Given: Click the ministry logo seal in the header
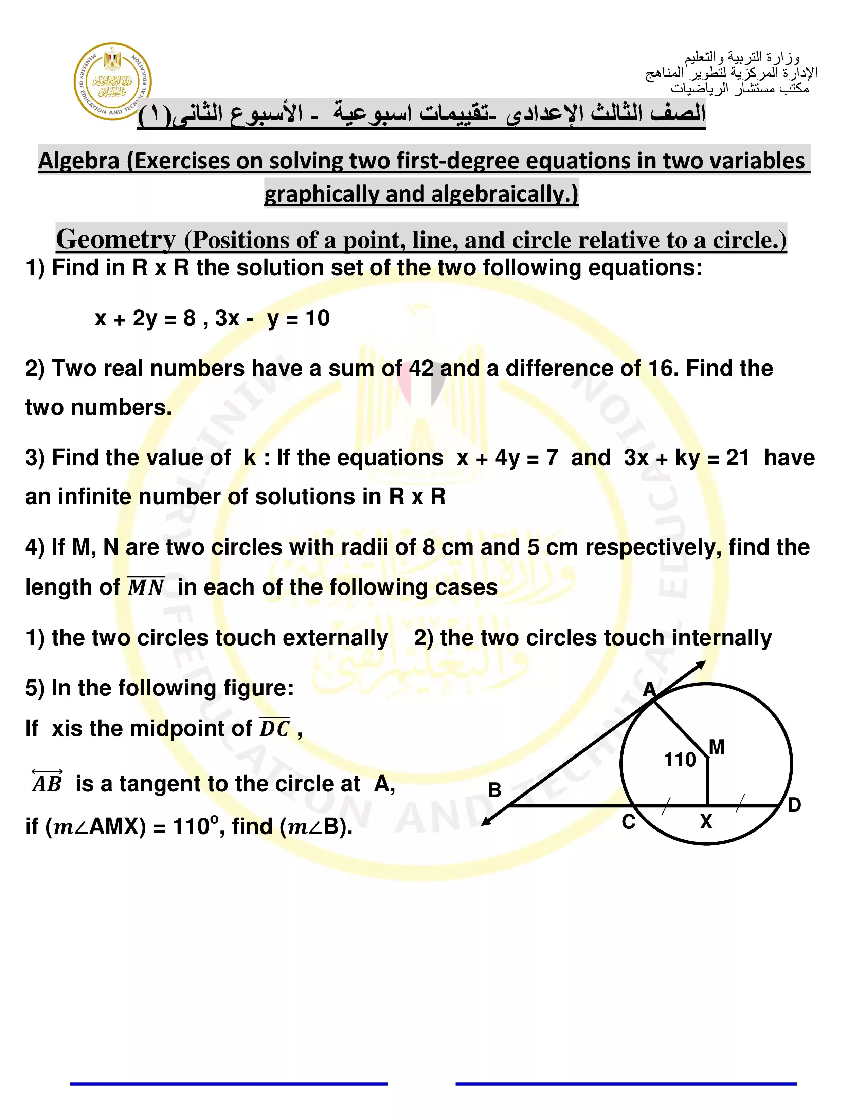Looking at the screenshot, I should coord(112,81).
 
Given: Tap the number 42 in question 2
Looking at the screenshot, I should coord(421,368).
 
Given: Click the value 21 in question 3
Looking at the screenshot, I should coord(737,458).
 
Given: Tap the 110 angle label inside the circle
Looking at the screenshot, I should coord(679,760).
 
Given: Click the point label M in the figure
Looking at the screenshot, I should coord(717,747).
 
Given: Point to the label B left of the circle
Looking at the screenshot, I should coord(494,790).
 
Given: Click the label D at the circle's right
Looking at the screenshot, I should coord(794,805).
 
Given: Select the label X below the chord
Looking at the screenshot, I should coord(706,822).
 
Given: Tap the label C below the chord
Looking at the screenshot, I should coord(629,822).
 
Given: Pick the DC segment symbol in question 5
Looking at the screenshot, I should coord(274,728).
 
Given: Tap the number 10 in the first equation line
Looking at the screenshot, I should coord(318,318).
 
